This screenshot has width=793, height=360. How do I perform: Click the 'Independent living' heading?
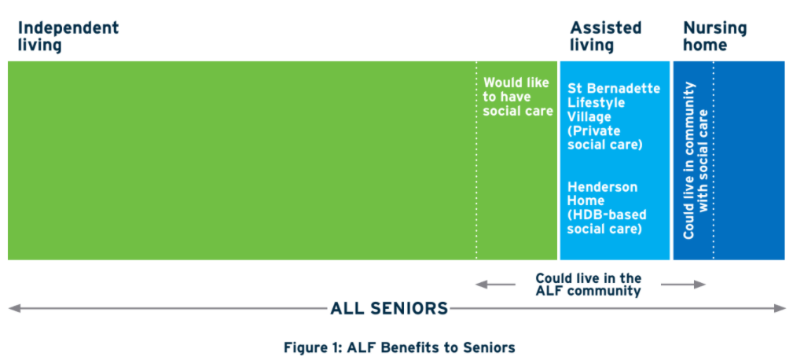click(x=68, y=36)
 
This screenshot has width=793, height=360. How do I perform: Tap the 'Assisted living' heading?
click(x=606, y=36)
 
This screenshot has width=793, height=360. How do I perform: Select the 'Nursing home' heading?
click(x=714, y=36)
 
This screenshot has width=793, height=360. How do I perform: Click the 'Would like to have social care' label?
click(x=518, y=97)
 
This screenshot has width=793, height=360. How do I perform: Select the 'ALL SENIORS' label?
click(x=389, y=308)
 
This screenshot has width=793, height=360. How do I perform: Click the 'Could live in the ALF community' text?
click(x=588, y=285)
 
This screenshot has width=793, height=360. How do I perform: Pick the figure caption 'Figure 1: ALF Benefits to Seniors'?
click(x=399, y=347)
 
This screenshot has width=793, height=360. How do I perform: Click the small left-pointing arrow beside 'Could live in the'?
click(x=495, y=285)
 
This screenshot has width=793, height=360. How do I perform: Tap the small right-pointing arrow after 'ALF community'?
click(x=683, y=285)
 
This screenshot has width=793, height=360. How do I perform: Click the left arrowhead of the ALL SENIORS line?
click(x=14, y=308)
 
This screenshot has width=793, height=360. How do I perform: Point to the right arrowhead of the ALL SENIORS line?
click(x=780, y=308)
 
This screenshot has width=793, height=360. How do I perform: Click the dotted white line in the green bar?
click(x=476, y=160)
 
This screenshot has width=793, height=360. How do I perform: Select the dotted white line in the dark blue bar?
click(x=714, y=160)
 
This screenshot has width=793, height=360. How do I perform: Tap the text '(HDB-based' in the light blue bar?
click(x=607, y=215)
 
